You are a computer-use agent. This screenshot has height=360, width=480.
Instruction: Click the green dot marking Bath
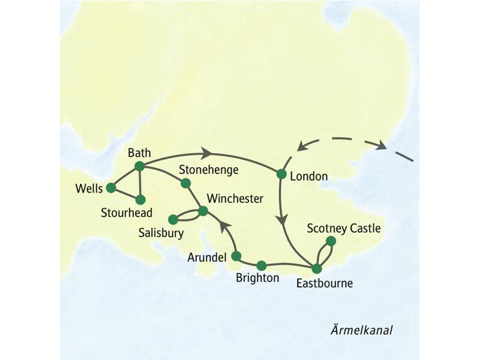tap(139, 166)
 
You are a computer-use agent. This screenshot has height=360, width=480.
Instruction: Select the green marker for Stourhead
tap(140, 199)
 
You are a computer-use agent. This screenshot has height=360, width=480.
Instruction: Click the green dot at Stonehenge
tap(185, 183)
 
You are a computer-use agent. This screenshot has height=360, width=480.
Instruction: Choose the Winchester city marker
tap(203, 211)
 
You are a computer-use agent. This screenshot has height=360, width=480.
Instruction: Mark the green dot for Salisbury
tap(173, 219)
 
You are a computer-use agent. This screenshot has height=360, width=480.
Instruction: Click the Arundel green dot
tap(236, 256)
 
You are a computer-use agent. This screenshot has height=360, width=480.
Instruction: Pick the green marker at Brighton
tap(261, 265)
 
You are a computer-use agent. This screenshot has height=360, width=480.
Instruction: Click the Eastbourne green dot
tap(316, 268)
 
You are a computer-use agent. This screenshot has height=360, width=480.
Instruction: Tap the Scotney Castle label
tap(344, 229)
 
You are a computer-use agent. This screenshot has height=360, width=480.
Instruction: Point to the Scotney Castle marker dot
tap(330, 241)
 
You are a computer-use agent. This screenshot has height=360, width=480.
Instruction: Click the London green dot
tap(281, 175)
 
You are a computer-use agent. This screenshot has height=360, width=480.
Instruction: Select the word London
tap(308, 176)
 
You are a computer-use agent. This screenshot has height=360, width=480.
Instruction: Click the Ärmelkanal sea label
tap(365, 331)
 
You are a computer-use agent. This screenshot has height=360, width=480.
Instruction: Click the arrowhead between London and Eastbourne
tap(281, 220)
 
